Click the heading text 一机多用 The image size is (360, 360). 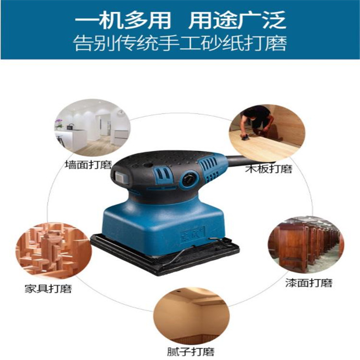(123, 20)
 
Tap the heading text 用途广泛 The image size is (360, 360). (237, 20)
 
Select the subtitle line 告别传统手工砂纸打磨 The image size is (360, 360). (180, 43)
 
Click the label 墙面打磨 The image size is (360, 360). (88, 165)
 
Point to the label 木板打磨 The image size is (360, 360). (269, 169)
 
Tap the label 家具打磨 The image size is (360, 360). (48, 288)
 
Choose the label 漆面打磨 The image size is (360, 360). (309, 283)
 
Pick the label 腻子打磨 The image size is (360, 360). (191, 352)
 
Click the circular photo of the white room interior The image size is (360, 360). (92, 128)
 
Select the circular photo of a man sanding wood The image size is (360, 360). (267, 133)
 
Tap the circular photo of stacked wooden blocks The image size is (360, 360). (53, 251)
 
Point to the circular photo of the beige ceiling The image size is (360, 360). (192, 316)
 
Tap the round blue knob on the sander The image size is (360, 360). (190, 178)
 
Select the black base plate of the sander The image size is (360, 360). (165, 255)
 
